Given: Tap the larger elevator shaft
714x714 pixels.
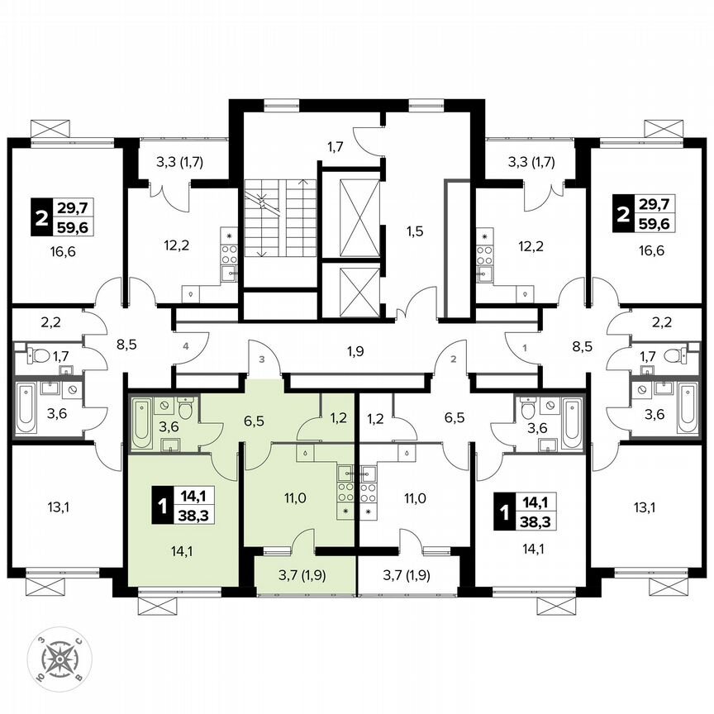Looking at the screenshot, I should [x=350, y=213].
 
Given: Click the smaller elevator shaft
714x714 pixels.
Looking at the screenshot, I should [x=350, y=289].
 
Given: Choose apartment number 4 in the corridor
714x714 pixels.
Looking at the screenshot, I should [x=187, y=346].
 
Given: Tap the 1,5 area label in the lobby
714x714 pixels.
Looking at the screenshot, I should [x=415, y=231].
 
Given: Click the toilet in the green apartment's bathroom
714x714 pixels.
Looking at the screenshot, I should [x=187, y=409].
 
